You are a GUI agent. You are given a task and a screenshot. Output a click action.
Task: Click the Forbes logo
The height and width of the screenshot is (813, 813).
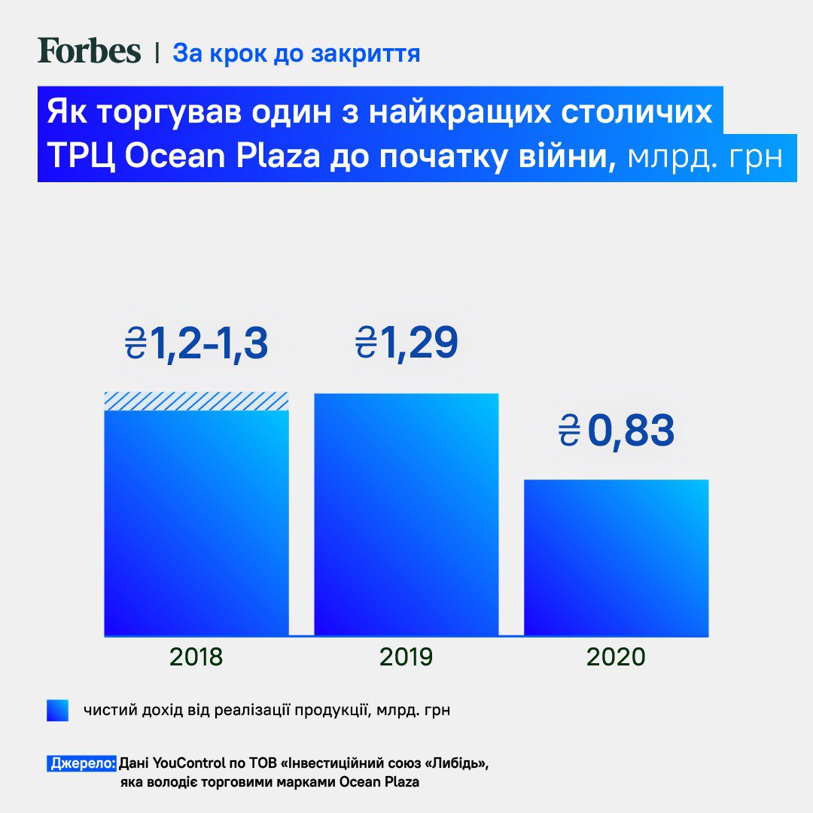click(89, 51)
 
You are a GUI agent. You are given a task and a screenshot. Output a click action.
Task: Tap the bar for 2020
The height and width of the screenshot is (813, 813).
click(616, 557)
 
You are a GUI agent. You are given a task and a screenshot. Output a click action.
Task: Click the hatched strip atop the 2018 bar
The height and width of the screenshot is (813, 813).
click(196, 400)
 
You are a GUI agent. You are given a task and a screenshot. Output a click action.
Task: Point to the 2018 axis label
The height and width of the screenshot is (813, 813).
click(196, 657)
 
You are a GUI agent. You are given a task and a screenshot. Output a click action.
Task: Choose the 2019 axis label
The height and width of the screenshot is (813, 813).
click(406, 657)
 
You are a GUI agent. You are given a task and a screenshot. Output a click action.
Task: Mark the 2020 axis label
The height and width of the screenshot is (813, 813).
click(616, 657)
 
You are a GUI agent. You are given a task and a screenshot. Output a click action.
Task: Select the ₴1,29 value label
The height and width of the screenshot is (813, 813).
click(406, 343)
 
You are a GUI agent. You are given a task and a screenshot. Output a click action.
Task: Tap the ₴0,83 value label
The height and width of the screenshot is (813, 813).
click(616, 431)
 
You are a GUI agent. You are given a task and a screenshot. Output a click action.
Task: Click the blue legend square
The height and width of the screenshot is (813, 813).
click(57, 711)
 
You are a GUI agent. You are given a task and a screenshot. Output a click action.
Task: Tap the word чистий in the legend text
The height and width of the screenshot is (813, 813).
click(105, 711)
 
